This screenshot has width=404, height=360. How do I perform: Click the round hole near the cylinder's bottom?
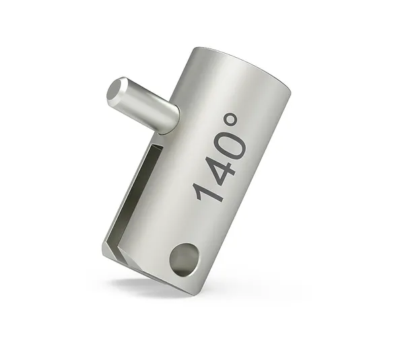click(x=184, y=260)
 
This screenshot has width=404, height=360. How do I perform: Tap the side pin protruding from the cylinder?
click(x=142, y=104)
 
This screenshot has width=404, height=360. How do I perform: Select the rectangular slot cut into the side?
click(x=135, y=192)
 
